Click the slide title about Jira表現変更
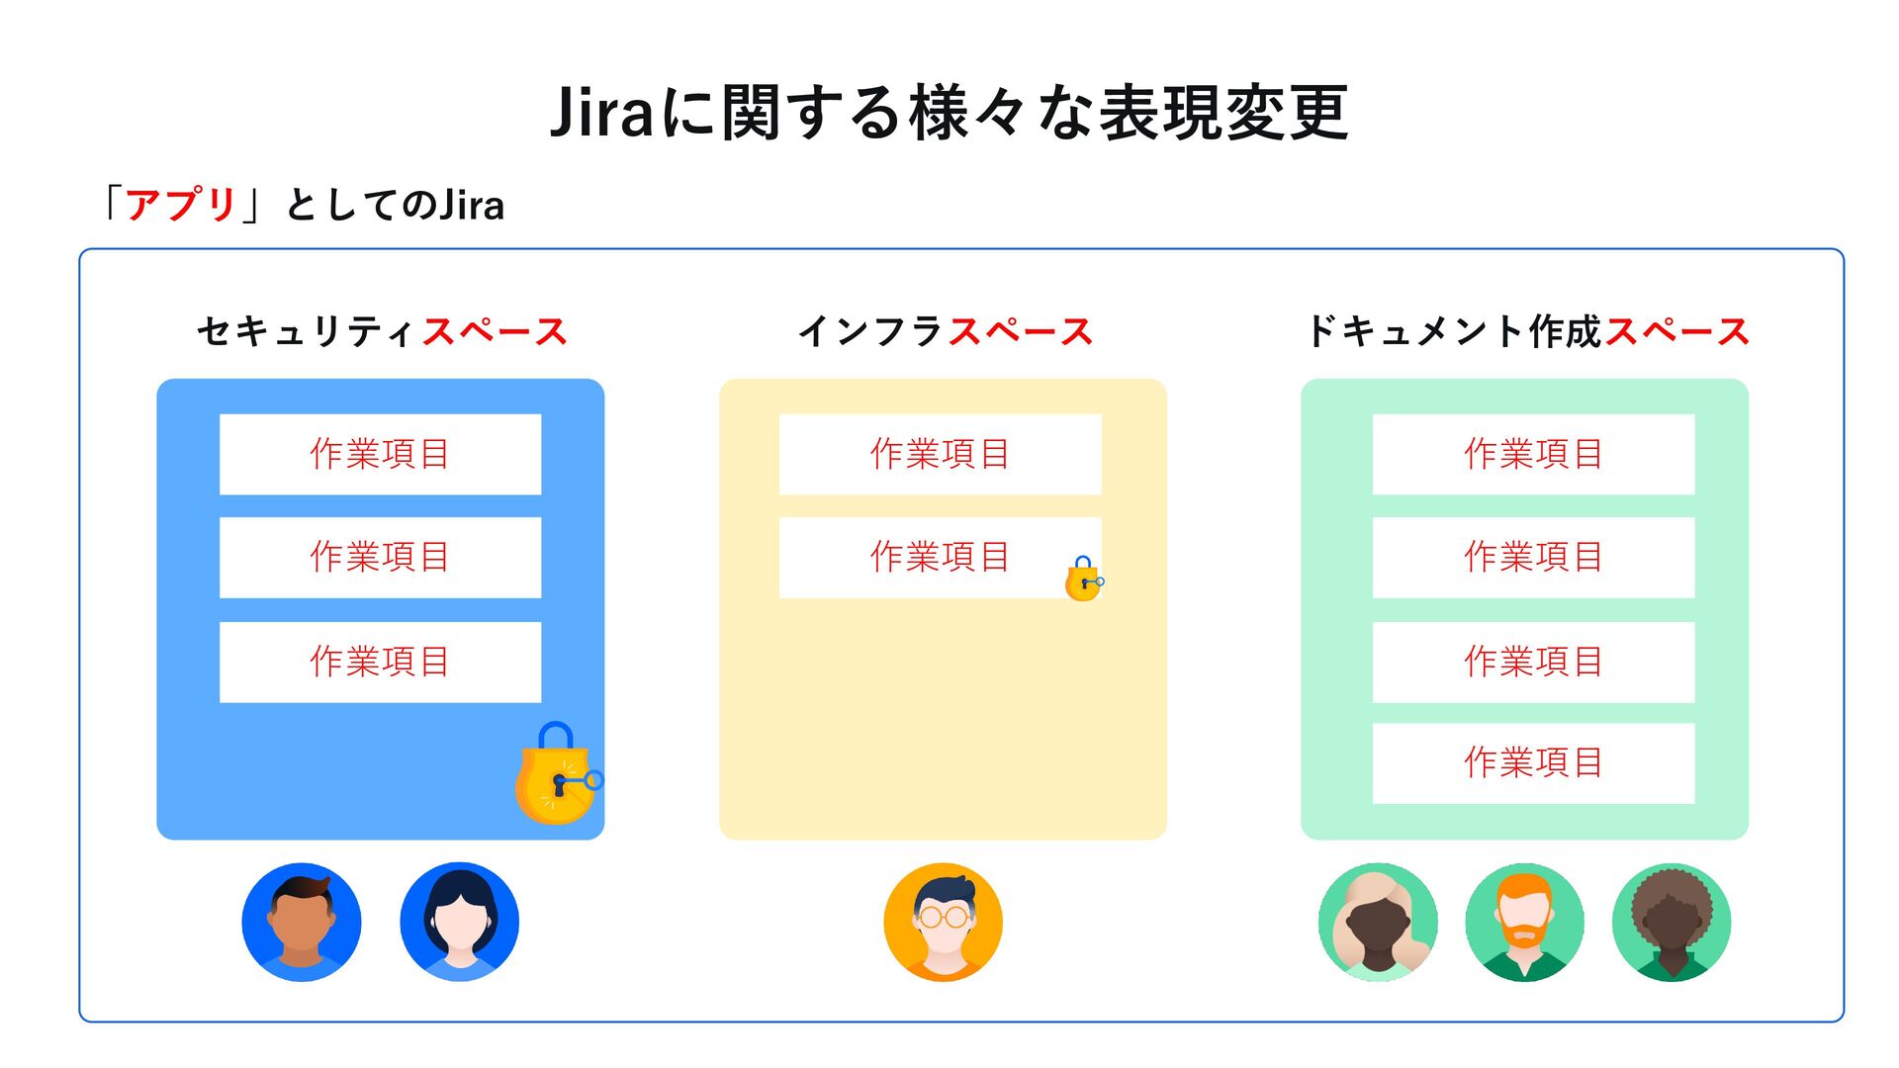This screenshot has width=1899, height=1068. tap(949, 112)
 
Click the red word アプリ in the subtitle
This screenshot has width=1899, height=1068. tap(180, 205)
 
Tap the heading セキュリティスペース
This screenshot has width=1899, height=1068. tap(382, 331)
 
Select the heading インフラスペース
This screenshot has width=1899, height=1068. tap(945, 331)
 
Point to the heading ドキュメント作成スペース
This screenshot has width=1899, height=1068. tap(1527, 331)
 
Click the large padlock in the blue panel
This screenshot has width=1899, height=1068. tap(557, 776)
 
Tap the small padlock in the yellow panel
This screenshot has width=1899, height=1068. tap(1083, 579)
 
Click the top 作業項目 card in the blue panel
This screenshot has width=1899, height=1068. tap(380, 454)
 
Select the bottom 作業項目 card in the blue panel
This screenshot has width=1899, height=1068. tap(380, 662)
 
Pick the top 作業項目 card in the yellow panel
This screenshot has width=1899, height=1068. tap(940, 454)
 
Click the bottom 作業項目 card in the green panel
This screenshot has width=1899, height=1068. tap(1533, 762)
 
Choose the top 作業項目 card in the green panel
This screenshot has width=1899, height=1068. tap(1533, 454)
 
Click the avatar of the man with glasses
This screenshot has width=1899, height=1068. tap(943, 922)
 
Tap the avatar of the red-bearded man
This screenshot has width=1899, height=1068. tap(1524, 922)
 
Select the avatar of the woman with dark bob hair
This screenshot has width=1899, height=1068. tap(459, 922)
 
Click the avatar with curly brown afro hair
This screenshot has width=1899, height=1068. tap(1671, 922)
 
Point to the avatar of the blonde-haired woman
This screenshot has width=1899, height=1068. tap(1378, 922)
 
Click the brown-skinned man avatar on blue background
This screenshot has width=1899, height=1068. tap(302, 922)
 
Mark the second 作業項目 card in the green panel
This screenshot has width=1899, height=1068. tap(1533, 557)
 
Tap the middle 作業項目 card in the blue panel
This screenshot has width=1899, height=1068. tap(380, 557)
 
